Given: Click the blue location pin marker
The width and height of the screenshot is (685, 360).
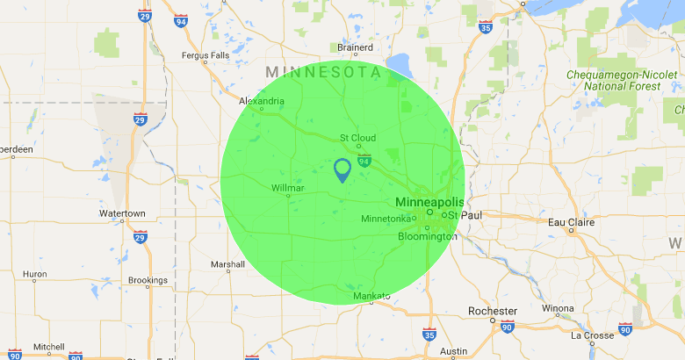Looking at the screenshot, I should coord(342,169).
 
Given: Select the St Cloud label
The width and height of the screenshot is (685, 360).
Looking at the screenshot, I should coord(357,138).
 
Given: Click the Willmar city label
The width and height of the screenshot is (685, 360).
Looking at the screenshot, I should coord(288,188).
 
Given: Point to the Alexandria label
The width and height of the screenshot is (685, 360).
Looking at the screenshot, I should coord(262,101).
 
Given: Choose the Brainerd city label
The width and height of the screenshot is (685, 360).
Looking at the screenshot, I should coord(356,47).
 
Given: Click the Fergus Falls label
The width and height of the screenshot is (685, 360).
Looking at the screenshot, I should coord(205,55).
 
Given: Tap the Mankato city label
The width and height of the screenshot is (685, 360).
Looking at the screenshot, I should coord(371,297).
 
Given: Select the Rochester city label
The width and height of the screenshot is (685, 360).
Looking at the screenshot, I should coord(493,311).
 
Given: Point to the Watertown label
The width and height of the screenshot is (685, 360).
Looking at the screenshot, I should coord(122,213).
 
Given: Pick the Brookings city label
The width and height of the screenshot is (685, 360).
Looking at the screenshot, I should coord(148,281).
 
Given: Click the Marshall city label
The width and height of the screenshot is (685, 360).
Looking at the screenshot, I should coord(228,264).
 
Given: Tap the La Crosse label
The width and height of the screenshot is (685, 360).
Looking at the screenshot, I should coord(592,335).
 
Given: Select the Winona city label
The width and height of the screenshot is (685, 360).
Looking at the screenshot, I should coord(558,308).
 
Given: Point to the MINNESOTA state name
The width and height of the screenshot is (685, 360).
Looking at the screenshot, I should coord(324,71).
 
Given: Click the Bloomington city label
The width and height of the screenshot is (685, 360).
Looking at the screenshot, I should coord(428,236).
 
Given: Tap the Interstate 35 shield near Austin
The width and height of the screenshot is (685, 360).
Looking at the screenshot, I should coord(429,335).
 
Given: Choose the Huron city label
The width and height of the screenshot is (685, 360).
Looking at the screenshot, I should coord(34,274).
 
